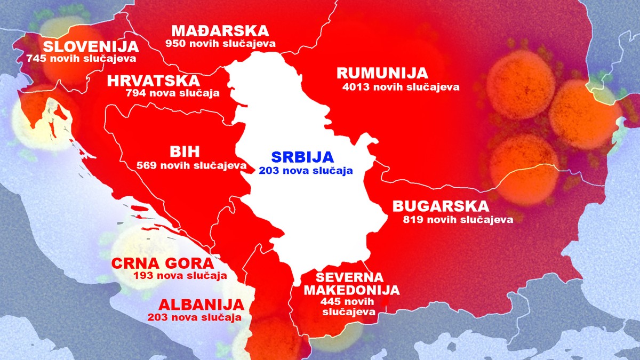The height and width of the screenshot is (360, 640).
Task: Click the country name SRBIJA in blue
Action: click(302, 157)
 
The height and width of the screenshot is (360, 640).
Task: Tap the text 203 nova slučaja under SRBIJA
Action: click(306, 171)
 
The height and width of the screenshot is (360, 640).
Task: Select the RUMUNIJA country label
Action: click(382, 73)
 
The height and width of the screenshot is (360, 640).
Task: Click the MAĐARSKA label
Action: click(220, 30)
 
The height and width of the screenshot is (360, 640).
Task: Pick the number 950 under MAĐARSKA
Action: click(174, 43)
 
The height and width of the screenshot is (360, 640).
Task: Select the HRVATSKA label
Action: click(154, 81)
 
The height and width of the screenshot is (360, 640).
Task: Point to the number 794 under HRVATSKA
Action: click(135, 93)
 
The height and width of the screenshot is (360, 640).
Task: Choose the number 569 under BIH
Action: click(146, 166)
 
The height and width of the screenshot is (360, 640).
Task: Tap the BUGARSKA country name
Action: click(440, 206)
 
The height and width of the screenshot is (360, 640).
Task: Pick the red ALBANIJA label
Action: click(201, 305)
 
